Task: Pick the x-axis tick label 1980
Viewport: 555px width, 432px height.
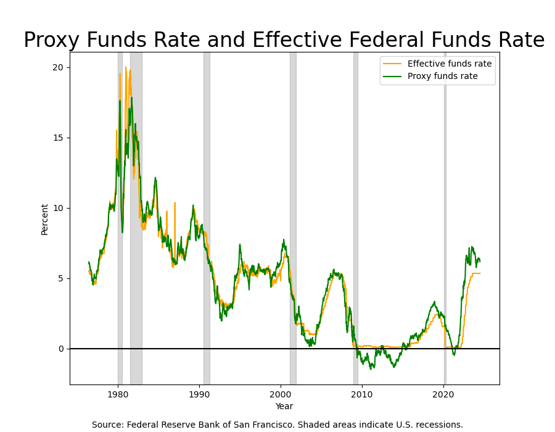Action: click(118, 394)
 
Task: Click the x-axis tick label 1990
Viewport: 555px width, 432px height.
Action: click(199, 394)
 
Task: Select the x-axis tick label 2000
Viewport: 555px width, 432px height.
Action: click(281, 394)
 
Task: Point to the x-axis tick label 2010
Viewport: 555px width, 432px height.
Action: click(362, 394)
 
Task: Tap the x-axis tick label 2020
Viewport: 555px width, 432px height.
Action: click(444, 394)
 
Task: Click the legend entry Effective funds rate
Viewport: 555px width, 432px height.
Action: click(449, 64)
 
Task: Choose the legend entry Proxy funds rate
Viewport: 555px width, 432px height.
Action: click(442, 77)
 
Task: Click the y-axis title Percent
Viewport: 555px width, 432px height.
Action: click(44, 219)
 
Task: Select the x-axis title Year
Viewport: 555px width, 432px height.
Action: click(284, 406)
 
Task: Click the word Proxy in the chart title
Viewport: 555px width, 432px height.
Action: click(51, 41)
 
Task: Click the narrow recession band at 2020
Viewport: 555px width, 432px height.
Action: click(445, 185)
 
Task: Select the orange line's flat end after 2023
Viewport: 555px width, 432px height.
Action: click(476, 273)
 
